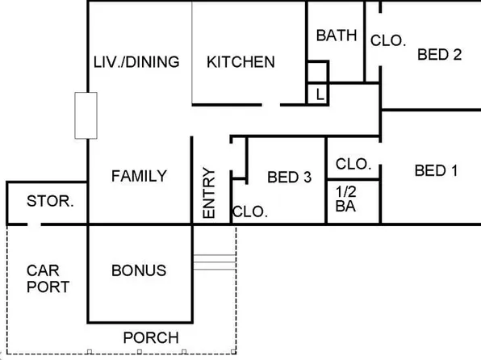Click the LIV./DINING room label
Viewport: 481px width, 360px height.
pos(136,62)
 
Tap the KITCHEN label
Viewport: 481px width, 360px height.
pos(240,62)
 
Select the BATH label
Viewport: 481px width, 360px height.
pos(337,36)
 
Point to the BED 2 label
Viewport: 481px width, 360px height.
pos(439,55)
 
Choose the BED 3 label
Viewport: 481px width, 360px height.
pos(289,177)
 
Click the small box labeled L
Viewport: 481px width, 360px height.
pos(320,94)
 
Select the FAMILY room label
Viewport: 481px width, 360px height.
pos(139,176)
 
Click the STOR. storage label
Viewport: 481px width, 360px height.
pos(51,201)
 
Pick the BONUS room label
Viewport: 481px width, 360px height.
pos(139,270)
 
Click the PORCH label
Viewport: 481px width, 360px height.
pos(150,337)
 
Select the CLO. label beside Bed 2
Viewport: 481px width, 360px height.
pos(387,40)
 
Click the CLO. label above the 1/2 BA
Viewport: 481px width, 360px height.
pos(353,164)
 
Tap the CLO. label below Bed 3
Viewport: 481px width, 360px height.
pos(249,212)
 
